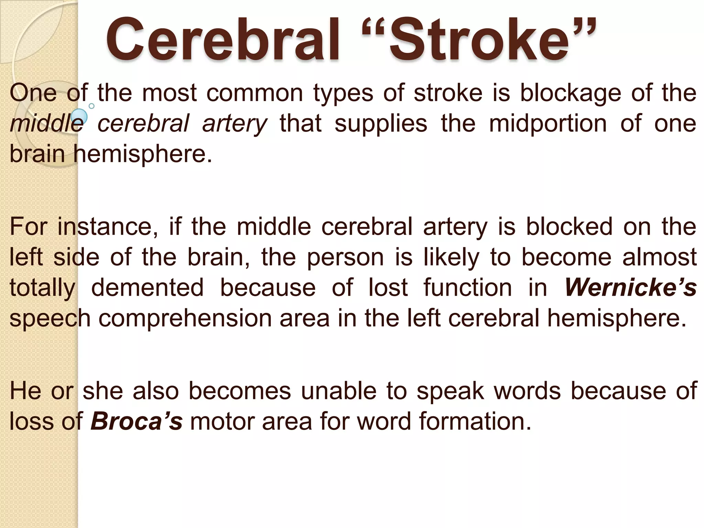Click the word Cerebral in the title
222,40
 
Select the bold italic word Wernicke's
630,287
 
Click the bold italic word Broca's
136,421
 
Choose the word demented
147,287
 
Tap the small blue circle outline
91,106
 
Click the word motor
222,421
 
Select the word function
467,287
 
